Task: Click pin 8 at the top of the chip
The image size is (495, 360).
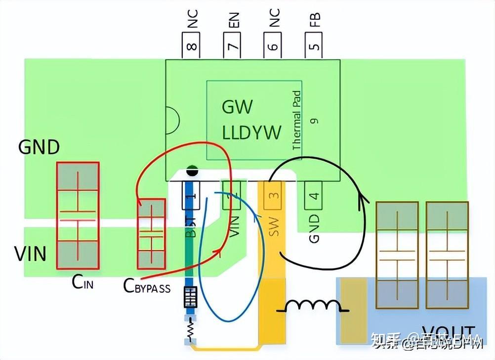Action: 192,46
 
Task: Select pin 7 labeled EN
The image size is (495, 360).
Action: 233,46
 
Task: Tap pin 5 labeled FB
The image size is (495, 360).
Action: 314,46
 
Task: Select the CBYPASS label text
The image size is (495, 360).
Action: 147,286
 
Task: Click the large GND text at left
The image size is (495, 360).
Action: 39,147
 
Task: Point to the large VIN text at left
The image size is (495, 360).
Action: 31,254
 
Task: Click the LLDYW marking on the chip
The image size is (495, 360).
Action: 251,132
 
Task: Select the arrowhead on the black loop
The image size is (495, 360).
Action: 363,199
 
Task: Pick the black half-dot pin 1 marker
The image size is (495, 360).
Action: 192,173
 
